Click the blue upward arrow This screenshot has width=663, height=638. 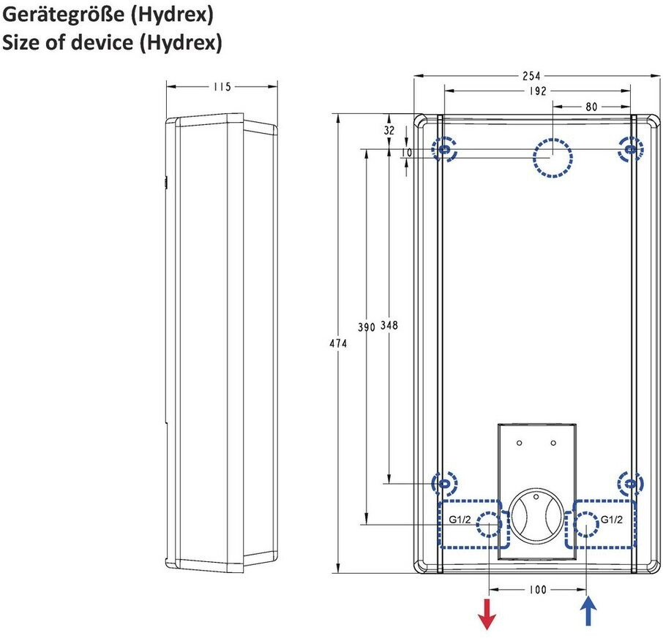click(x=588, y=610)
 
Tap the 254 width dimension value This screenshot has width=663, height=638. click(x=531, y=75)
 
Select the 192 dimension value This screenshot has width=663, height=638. click(x=538, y=91)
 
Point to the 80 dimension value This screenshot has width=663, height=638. click(x=591, y=107)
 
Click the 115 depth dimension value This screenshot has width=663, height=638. click(x=222, y=87)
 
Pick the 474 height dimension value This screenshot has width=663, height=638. click(x=338, y=343)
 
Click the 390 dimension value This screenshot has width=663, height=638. click(x=367, y=327)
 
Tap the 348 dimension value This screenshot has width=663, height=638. click(x=389, y=325)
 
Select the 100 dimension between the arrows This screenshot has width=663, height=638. click(x=538, y=590)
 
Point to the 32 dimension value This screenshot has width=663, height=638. click(x=389, y=130)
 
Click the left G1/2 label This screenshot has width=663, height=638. click(x=460, y=520)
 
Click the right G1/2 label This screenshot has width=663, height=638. click(x=612, y=520)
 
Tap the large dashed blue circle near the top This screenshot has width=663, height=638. click(x=552, y=158)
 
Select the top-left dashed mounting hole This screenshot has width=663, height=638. click(x=444, y=149)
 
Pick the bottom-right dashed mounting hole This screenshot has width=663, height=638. click(x=631, y=483)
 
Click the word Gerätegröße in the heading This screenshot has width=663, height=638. click(x=64, y=15)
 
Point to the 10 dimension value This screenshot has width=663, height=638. click(x=407, y=153)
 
